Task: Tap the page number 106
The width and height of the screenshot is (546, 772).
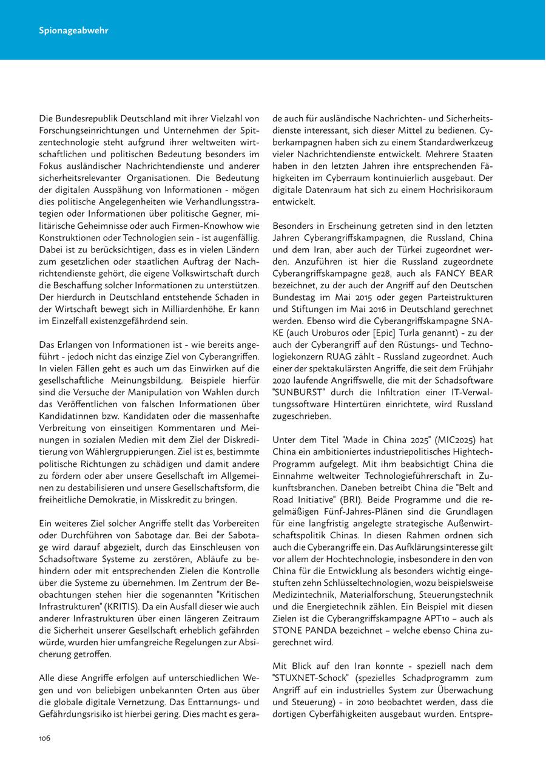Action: point(45,739)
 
